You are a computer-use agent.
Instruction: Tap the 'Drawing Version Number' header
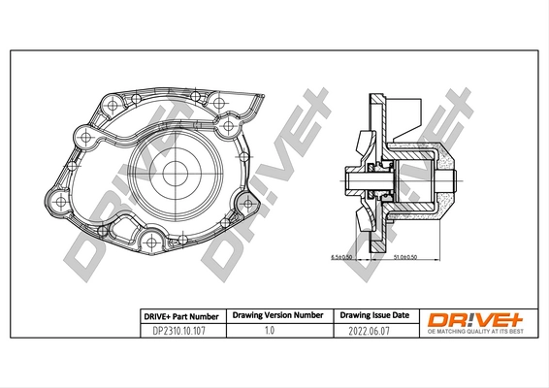pos(277,316)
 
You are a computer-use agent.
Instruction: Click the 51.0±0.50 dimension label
pos(406,258)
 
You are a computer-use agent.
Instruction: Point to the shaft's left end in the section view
pos(347,178)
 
